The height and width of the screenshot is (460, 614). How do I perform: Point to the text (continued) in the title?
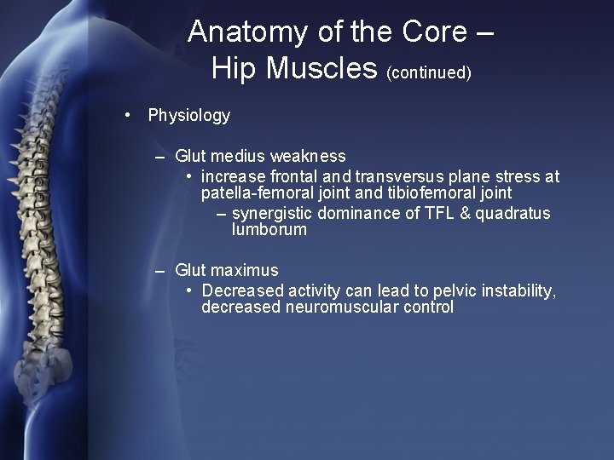(429, 73)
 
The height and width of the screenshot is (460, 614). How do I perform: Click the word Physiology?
(188, 115)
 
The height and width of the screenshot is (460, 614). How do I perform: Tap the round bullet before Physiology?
(126, 115)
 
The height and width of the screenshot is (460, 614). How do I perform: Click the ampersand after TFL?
(466, 213)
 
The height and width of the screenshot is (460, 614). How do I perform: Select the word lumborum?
(269, 230)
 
